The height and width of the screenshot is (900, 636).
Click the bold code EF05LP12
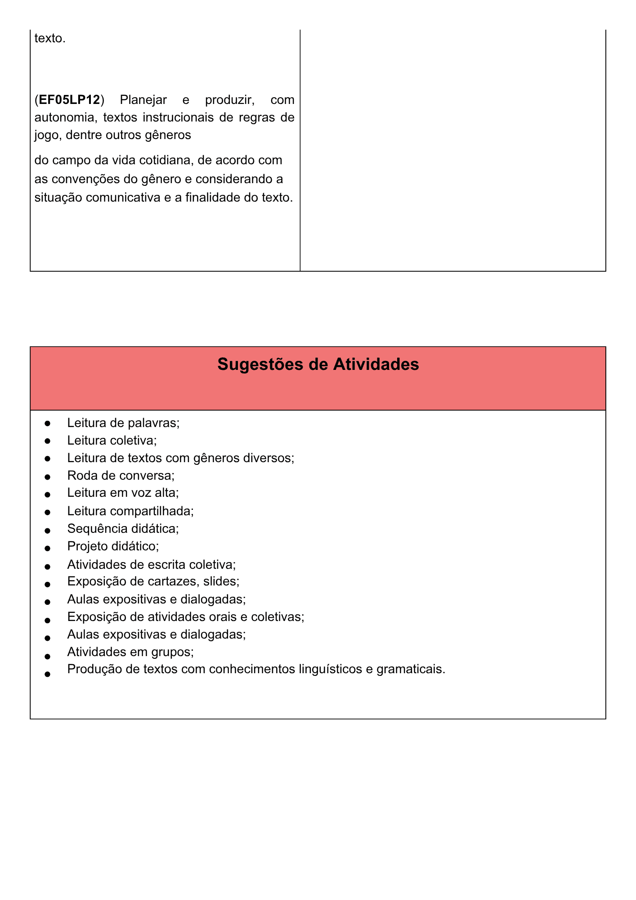point(69,99)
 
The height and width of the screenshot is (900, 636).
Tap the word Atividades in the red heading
point(376,364)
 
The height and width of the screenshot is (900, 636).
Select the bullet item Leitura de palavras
point(123,423)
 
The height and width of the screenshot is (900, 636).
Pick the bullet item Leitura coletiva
point(112,441)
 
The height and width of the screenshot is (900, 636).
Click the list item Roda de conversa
point(121,476)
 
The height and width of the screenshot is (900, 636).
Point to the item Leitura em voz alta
point(123,493)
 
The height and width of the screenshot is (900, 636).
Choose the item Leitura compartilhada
point(130,511)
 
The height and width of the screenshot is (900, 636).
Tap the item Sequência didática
point(123,529)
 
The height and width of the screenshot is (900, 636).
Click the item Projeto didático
point(113,546)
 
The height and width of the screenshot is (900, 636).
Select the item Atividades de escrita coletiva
point(151,564)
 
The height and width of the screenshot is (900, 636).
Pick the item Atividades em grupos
point(130,652)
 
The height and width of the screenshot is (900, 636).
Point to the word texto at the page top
point(49,39)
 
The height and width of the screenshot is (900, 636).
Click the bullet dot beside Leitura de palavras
point(47,424)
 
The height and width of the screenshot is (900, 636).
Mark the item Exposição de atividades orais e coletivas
point(185,617)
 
